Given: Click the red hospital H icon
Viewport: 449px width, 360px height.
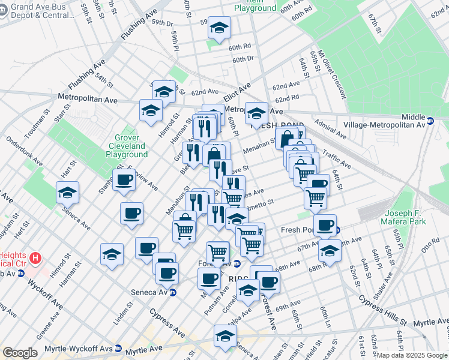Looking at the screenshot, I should (x=36, y=259).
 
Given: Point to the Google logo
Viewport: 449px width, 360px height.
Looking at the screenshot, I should (x=20, y=353).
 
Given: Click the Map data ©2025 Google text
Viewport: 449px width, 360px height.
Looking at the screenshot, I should (x=412, y=355).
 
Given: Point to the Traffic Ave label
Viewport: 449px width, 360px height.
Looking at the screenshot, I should (x=336, y=158).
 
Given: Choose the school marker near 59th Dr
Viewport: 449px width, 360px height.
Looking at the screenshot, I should (x=219, y=27).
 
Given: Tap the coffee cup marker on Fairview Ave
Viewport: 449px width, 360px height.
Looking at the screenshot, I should (x=125, y=179).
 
